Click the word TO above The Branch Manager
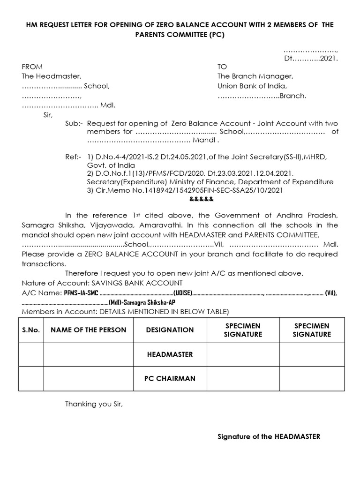(x=222, y=67)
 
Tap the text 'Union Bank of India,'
(x=252, y=86)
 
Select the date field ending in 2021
(x=311, y=59)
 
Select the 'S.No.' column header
(x=31, y=330)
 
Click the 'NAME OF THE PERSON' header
(x=88, y=330)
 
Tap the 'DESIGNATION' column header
(x=170, y=330)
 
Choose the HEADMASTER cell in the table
(x=170, y=354)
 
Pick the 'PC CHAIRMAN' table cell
(x=170, y=379)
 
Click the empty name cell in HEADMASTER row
(x=88, y=354)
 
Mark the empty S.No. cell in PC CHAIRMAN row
(x=31, y=379)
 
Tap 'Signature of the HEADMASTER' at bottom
(x=269, y=436)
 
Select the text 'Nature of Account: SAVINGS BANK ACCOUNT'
(x=102, y=283)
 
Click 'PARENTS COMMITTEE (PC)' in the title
(x=180, y=35)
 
